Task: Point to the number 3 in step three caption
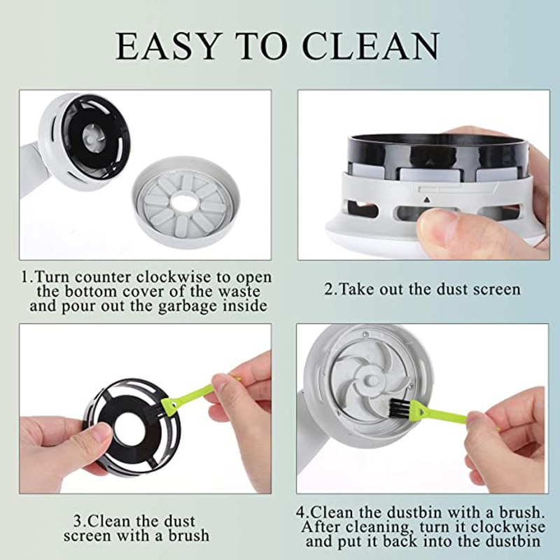[77, 521]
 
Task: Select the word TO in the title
[262, 45]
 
